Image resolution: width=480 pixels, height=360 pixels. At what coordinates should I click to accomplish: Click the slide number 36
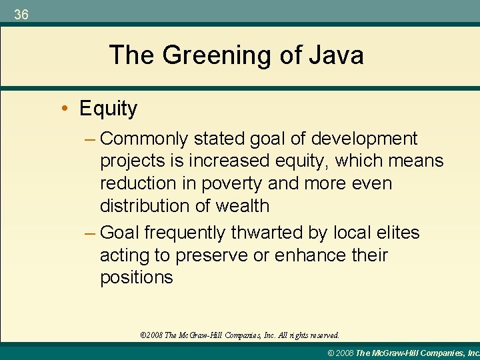pyautogui.click(x=21, y=15)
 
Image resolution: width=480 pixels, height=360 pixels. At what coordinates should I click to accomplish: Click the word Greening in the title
pyautogui.click(x=217, y=55)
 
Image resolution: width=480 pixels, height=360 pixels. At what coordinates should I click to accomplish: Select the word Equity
pyautogui.click(x=108, y=108)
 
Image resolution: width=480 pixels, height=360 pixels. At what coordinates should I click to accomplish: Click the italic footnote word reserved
pyautogui.click(x=323, y=335)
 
